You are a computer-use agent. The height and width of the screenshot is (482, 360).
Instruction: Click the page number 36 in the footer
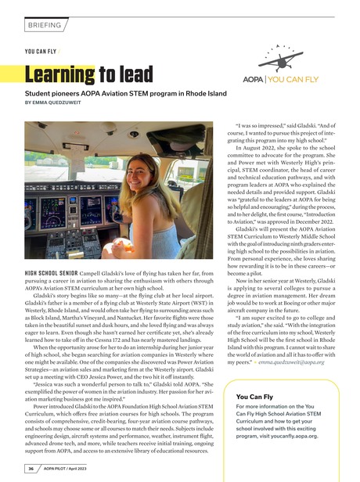coord(32,469)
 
